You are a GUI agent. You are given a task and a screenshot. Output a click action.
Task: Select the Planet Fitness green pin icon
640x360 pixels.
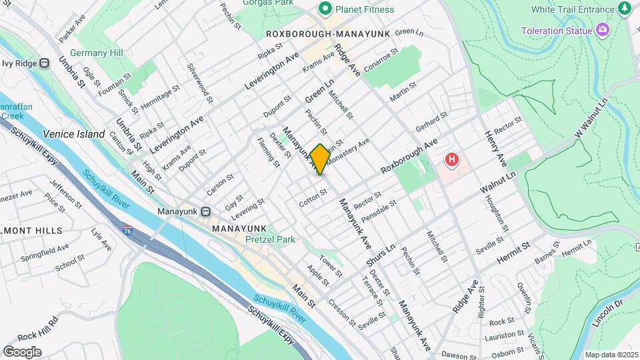(x=325, y=9)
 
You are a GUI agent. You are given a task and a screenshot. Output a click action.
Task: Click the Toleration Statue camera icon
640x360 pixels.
(x=603, y=30)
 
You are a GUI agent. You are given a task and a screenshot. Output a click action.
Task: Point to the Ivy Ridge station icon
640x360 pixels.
(x=44, y=63)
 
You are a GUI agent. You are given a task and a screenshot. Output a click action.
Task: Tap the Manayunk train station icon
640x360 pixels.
(x=206, y=211)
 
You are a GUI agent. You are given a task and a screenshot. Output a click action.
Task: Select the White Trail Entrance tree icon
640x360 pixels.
(x=625, y=9)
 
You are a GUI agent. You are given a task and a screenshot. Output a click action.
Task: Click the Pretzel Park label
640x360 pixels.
(x=270, y=239)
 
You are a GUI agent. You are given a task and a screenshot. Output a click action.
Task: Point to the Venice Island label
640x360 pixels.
(x=74, y=134)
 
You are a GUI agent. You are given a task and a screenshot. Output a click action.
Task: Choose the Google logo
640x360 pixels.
(x=22, y=352)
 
